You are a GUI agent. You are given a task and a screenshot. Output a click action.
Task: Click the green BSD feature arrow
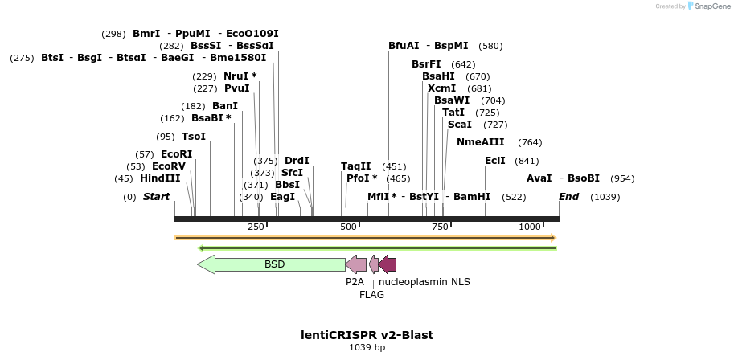tap(273, 264)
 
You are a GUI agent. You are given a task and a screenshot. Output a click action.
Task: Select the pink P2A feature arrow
tap(355, 264)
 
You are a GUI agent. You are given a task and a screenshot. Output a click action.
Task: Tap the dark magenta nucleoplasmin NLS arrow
tap(388, 264)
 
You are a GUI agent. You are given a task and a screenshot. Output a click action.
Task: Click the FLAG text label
tap(371, 295)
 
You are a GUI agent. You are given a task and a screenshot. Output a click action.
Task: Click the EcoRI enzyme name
tap(176, 154)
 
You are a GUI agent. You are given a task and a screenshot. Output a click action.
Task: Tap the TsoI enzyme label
tap(194, 137)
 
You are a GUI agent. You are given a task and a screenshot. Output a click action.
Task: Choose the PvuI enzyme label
tap(237, 88)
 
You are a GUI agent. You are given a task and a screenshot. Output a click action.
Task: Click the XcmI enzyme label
tap(441, 88)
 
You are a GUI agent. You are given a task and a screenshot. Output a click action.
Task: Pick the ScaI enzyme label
tap(459, 125)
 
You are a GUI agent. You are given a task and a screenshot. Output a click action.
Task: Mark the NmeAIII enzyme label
tap(480, 142)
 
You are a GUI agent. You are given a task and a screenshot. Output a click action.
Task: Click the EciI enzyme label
tap(495, 161)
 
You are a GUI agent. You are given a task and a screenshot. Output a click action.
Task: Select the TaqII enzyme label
tap(356, 166)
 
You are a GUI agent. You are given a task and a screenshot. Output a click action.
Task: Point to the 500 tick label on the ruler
tap(348, 227)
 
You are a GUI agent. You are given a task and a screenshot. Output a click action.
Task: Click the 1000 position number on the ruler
tap(531, 227)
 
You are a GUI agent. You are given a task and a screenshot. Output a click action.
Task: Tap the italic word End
tap(568, 197)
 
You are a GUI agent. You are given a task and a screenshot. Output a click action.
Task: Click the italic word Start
tap(157, 197)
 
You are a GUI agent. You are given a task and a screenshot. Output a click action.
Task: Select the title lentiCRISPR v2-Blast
tap(367, 334)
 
